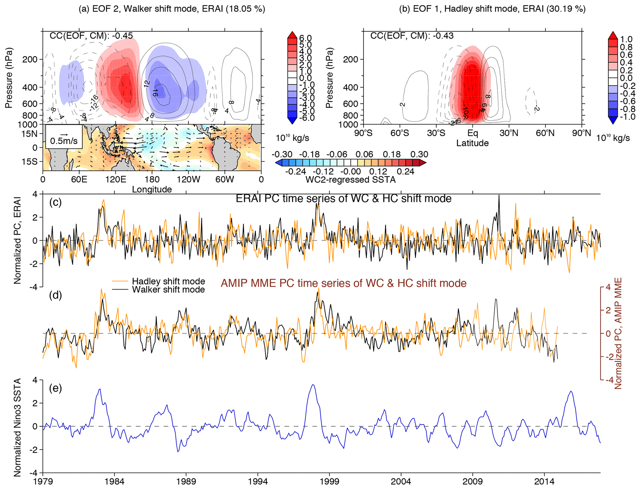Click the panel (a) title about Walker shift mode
click(172, 9)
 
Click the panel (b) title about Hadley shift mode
click(492, 9)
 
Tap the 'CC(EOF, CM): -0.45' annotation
click(91, 36)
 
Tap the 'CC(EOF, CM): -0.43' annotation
click(412, 36)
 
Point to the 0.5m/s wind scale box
click(64, 137)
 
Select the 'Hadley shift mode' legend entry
click(168, 281)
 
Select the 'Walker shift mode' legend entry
click(168, 290)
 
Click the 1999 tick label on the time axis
click(329, 482)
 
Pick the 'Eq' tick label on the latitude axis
click(472, 133)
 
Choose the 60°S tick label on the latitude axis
click(400, 133)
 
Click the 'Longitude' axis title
click(152, 189)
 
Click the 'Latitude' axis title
click(472, 143)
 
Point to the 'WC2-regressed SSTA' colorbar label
click(350, 180)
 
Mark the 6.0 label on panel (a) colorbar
click(305, 38)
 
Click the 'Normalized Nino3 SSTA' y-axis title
click(17, 427)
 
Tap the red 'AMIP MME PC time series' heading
click(343, 283)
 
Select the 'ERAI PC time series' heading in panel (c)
click(343, 198)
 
